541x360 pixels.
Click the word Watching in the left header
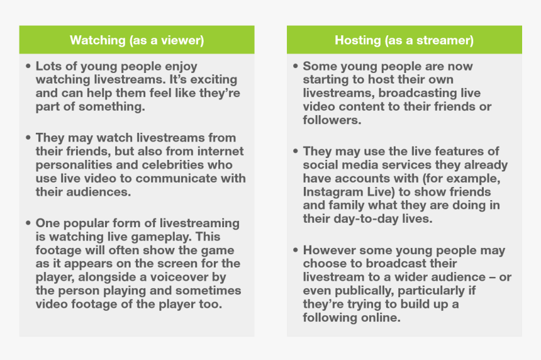(x=98, y=40)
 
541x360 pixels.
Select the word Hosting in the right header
(x=358, y=40)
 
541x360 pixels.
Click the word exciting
(x=214, y=80)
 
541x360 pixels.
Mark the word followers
(x=332, y=120)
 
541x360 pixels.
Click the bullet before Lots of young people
(x=28, y=65)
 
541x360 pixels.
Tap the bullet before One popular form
(x=28, y=223)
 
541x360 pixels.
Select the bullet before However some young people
(x=295, y=250)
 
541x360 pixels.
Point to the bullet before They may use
(x=295, y=151)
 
